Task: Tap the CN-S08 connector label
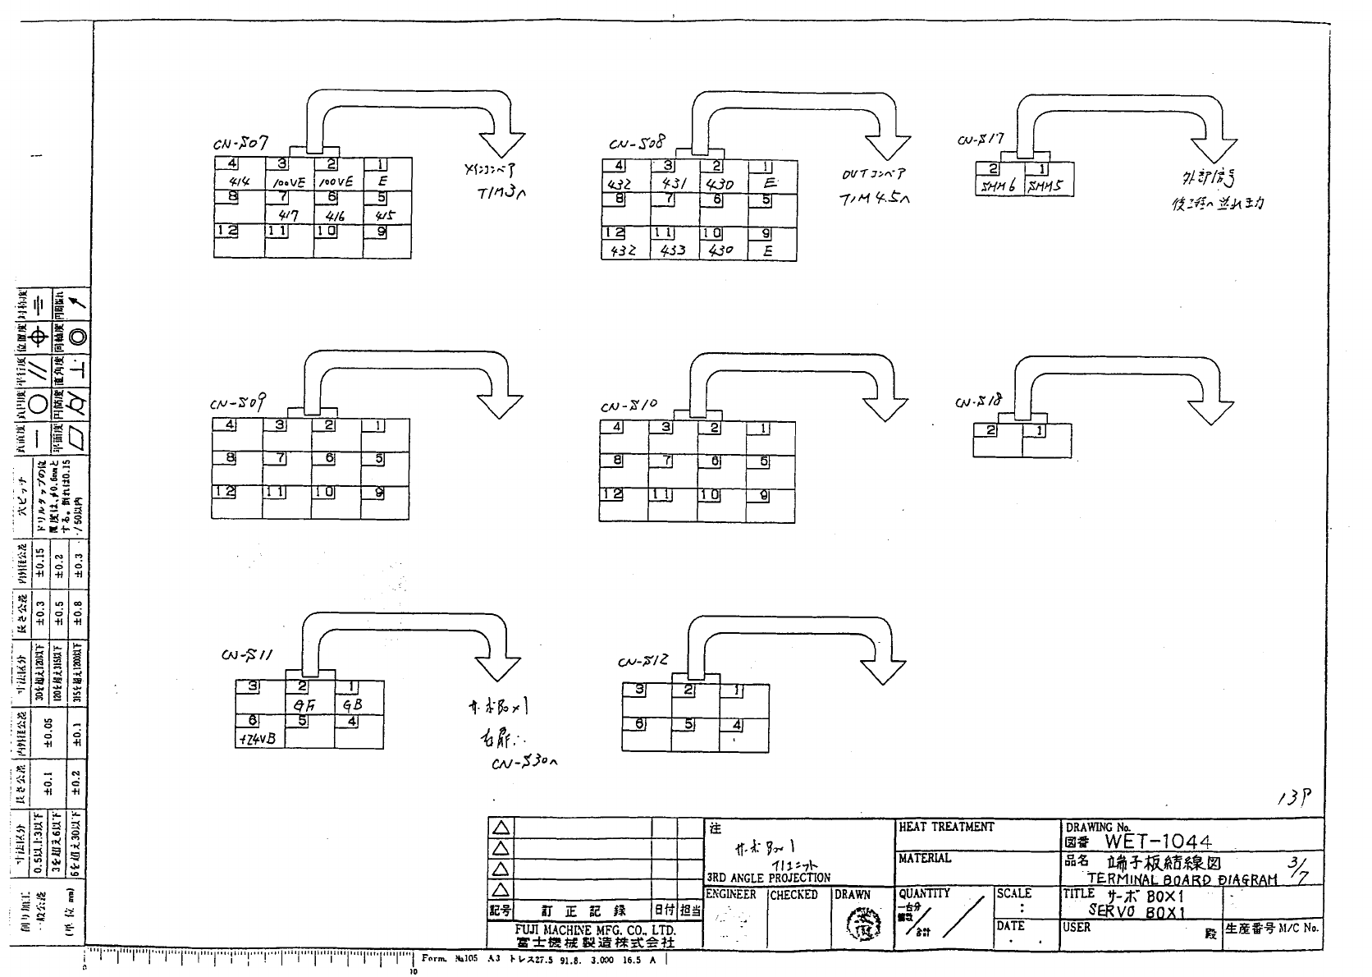point(637,144)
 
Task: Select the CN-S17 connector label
point(981,140)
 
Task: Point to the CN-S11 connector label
point(247,656)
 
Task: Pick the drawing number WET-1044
point(1157,841)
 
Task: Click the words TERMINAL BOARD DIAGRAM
point(1182,879)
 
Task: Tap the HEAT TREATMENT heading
point(946,827)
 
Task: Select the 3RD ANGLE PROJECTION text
point(769,878)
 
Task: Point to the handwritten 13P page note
point(1294,796)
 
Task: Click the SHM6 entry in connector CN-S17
point(997,186)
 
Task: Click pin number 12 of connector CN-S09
point(225,492)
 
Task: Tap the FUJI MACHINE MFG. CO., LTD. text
point(595,930)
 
